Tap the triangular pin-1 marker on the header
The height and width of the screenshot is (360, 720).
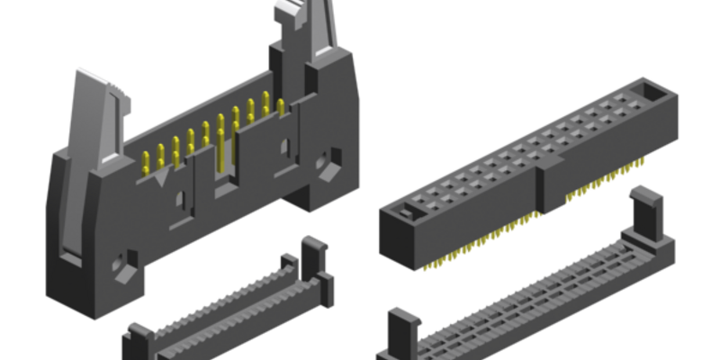pyautogui.click(x=161, y=179)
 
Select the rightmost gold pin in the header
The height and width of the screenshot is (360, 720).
pyautogui.click(x=280, y=107)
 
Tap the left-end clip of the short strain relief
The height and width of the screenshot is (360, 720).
pyautogui.click(x=139, y=337)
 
